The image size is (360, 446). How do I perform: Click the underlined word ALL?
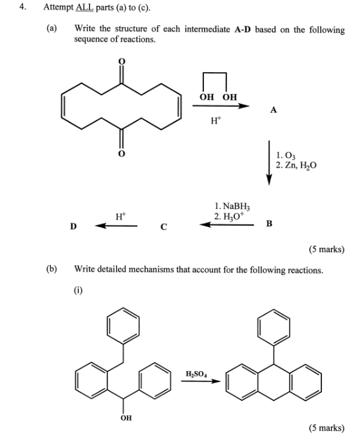tap(85, 7)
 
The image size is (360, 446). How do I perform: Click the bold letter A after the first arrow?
tap(274, 110)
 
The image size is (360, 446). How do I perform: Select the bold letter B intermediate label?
tap(269, 224)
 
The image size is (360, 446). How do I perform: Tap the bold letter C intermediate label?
tap(163, 227)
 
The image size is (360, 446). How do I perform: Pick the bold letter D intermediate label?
tap(73, 226)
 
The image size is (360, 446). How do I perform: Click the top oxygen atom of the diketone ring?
tap(122, 61)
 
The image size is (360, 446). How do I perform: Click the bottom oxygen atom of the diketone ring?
tap(122, 154)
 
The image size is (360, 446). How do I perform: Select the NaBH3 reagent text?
tap(236, 206)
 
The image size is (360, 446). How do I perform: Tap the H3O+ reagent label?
tap(234, 217)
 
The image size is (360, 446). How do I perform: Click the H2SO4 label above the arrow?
tap(197, 374)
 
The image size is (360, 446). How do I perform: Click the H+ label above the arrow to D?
tap(121, 217)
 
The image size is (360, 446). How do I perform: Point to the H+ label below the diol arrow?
tap(215, 121)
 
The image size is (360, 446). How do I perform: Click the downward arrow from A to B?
tap(269, 162)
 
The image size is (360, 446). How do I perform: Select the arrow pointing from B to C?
tap(226, 225)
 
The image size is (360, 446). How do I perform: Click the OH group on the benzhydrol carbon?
tap(126, 418)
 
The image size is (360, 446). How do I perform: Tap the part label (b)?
tap(52, 269)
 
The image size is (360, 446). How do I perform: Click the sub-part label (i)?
tap(78, 290)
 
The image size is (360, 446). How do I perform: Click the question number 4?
tap(23, 7)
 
